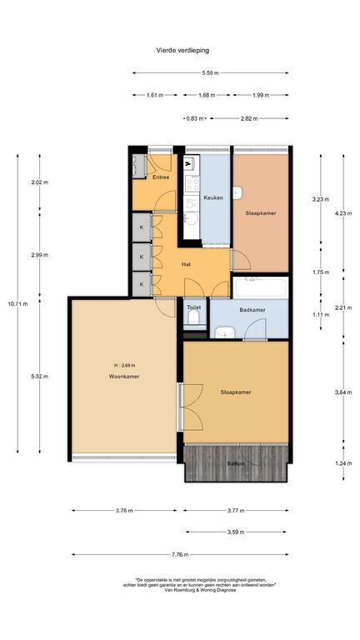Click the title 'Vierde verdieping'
pyautogui.click(x=182, y=51)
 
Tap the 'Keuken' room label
pyautogui.click(x=213, y=197)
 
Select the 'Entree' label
pyautogui.click(x=161, y=177)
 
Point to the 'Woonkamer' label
pyautogui.click(x=123, y=377)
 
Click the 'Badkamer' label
pyautogui.click(x=252, y=310)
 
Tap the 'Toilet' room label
pyautogui.click(x=194, y=307)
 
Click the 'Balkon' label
pyautogui.click(x=236, y=463)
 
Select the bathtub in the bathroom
pyautogui.click(x=260, y=287)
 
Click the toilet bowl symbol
pyautogui.click(x=194, y=318)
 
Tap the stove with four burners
pyautogui.click(x=192, y=182)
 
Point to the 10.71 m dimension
pyautogui.click(x=17, y=303)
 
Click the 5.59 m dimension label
pyautogui.click(x=210, y=73)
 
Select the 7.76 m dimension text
pyautogui.click(x=180, y=555)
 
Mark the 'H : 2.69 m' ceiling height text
pyautogui.click(x=124, y=365)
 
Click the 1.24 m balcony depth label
pyautogui.click(x=343, y=463)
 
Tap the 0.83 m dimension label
pyautogui.click(x=195, y=119)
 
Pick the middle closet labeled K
pyautogui.click(x=142, y=257)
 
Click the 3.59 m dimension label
pyautogui.click(x=236, y=532)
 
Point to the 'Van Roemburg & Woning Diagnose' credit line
pyautogui.click(x=200, y=590)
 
